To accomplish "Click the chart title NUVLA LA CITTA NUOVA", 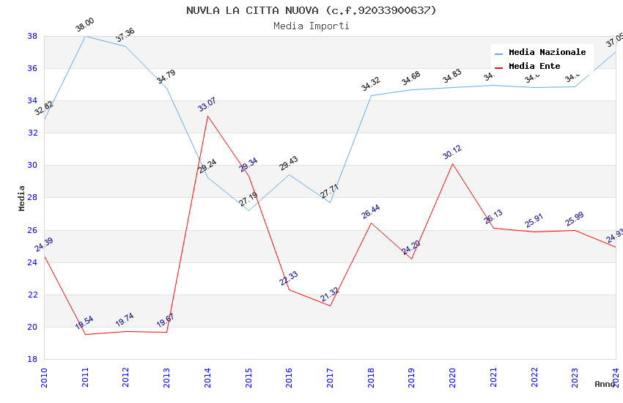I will coord(311,10).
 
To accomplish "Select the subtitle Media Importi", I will coord(311,26).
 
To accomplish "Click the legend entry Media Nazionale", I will coord(547,52).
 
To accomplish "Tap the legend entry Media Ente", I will coord(534,66).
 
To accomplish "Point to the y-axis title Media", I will coord(21,198).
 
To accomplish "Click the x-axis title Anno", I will coord(605,384).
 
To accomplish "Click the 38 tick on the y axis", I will coord(32,36).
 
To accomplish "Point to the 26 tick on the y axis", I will coord(32,230).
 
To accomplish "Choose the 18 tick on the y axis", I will coord(32,359).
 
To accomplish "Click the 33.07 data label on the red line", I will coord(207,104).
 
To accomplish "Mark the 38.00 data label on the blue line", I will coord(85,25).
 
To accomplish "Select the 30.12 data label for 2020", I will coord(452,152).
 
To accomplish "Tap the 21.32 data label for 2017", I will coord(330,295).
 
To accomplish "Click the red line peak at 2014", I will coord(207,116).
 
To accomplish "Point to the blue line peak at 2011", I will coord(85,36).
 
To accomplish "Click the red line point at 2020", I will coord(452,163).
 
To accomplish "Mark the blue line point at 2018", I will coord(371,95).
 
